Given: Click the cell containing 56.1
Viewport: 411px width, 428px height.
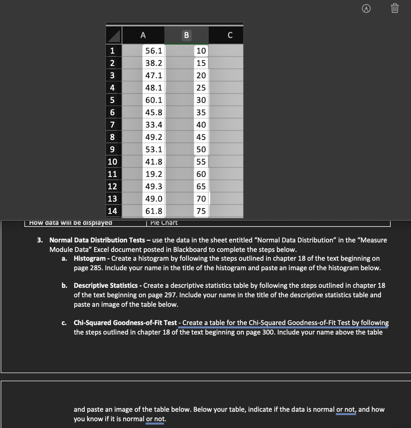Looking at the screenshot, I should pos(154,51).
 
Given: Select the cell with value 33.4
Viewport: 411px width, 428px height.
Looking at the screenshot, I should pos(154,125).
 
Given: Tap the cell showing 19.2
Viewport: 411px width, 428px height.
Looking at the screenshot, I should pos(154,174).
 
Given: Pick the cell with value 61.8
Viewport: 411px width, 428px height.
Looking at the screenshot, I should pos(154,211).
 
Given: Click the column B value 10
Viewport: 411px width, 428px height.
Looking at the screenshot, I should pos(201,51).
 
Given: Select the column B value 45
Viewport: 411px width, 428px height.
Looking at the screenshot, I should pos(201,137).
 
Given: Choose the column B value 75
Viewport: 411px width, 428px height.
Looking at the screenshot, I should pos(201,211).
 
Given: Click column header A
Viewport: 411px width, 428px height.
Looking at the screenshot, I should pos(143,35).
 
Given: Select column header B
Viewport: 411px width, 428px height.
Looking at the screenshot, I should pos(186,35).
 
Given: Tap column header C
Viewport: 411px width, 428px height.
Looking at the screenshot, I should pos(230,35).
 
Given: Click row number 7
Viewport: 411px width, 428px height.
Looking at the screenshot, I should pos(112,125).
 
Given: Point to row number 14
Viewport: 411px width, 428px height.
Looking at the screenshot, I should pos(112,211).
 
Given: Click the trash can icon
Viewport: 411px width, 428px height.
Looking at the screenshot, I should pos(395,8).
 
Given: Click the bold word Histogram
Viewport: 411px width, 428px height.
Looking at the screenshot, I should pos(90,258).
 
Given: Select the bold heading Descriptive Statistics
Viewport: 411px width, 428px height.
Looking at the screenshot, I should pos(106,285).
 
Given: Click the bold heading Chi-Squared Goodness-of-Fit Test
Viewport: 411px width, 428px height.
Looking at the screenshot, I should pos(125,323).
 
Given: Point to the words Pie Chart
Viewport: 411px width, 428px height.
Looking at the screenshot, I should pos(164,223).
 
